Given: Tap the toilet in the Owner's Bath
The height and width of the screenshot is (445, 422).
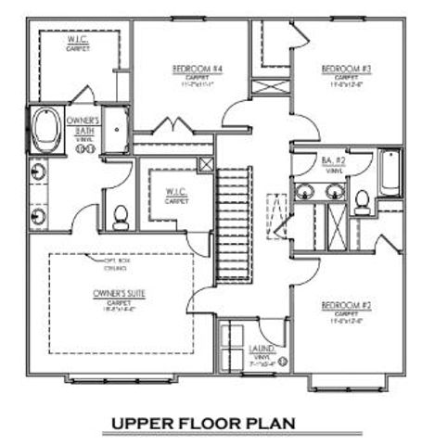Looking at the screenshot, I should (x=119, y=216).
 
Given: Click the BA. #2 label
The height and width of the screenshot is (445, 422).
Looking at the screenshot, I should (x=333, y=162).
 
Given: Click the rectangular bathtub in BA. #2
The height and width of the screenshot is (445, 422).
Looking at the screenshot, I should (x=387, y=177).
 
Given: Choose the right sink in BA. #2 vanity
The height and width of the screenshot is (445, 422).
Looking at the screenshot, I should (x=333, y=193).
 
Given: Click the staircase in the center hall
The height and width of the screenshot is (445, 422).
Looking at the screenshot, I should (x=235, y=222).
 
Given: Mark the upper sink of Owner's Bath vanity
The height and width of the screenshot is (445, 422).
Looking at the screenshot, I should (x=39, y=172).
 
